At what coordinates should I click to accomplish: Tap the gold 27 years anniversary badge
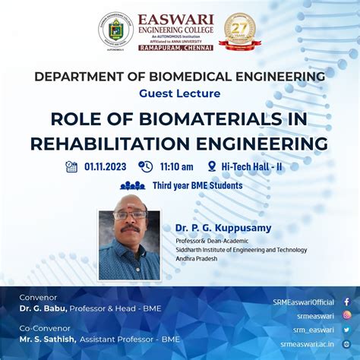[x=240, y=30]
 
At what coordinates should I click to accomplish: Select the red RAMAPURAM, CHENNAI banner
[x=176, y=47]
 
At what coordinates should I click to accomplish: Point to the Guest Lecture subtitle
[x=180, y=93]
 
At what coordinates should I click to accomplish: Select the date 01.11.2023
[x=106, y=167]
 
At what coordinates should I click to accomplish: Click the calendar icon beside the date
[x=71, y=167]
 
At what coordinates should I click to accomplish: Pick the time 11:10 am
[x=176, y=167]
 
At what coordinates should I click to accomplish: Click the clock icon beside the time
[x=145, y=167]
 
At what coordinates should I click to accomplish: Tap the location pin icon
[x=212, y=167]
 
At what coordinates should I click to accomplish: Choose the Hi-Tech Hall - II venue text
[x=251, y=167]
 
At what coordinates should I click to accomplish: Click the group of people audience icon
[x=132, y=185]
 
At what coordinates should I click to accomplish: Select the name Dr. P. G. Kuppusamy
[x=223, y=228]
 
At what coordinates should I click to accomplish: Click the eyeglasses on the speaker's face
[x=130, y=215]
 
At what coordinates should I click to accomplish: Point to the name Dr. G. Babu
[x=44, y=308]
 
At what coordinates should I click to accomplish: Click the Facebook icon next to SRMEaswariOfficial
[x=346, y=302]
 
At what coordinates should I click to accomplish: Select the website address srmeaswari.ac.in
[x=307, y=343]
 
